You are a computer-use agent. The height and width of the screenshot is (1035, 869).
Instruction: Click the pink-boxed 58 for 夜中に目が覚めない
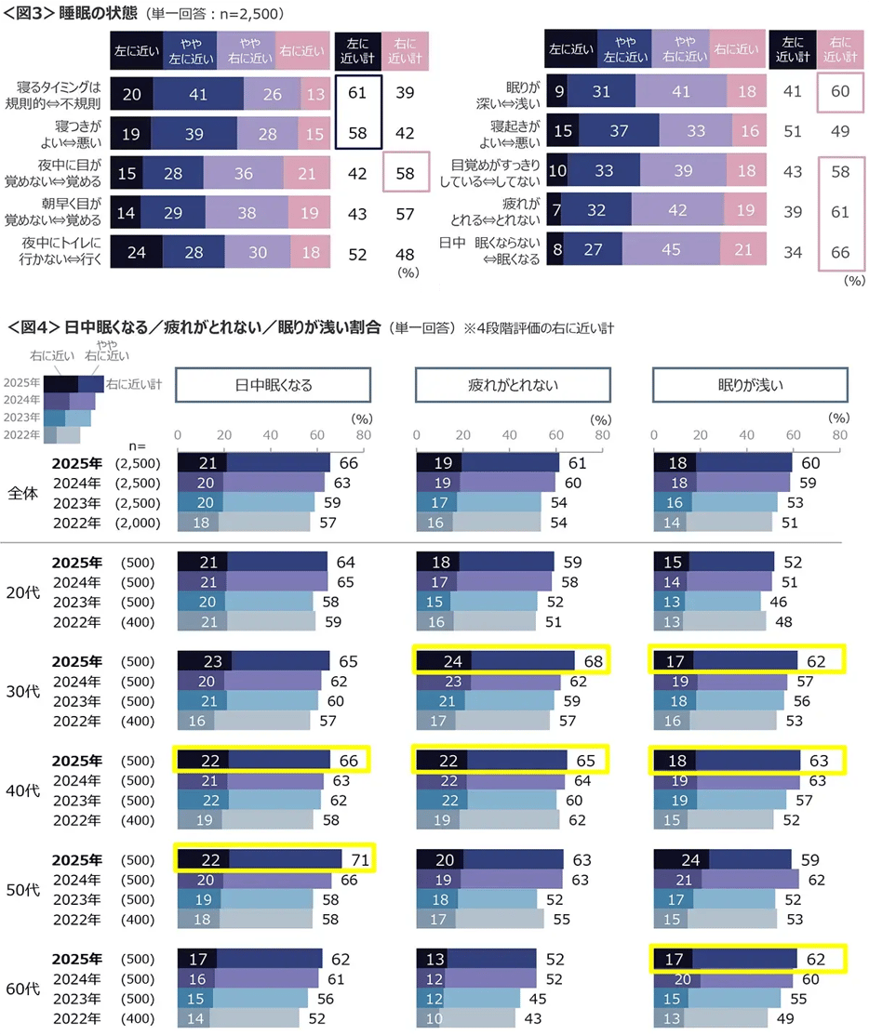click(x=405, y=172)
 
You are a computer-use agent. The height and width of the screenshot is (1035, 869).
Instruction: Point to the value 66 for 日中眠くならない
click(x=840, y=250)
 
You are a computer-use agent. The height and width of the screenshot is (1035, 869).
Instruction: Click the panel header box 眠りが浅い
click(x=749, y=385)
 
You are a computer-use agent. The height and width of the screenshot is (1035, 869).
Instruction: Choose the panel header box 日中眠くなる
click(x=273, y=385)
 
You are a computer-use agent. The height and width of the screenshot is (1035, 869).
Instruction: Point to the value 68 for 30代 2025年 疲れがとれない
click(x=594, y=662)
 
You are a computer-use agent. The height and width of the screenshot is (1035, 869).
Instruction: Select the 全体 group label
click(x=22, y=493)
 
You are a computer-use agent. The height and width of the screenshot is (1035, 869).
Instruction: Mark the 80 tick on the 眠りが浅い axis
click(x=840, y=435)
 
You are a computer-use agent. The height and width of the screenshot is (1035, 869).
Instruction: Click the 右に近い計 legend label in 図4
click(x=134, y=383)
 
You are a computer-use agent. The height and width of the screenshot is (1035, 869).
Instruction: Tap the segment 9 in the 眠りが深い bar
click(x=558, y=92)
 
